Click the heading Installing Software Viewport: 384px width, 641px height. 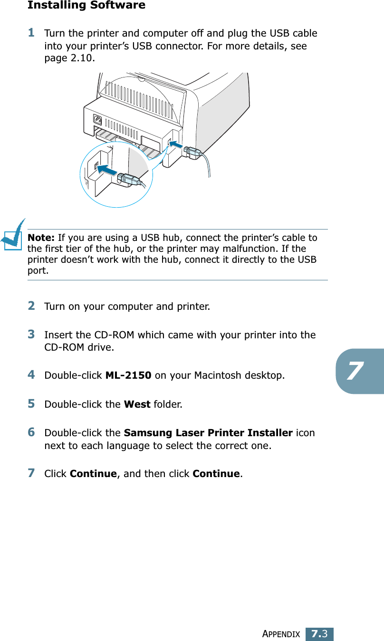86,6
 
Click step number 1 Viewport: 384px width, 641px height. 31,33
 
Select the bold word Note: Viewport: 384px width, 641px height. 41,238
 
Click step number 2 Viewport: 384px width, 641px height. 31,306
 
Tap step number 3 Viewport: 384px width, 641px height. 31,334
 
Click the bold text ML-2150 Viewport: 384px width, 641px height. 128,375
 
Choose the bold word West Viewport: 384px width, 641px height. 137,404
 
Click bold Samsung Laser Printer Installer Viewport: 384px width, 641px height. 208,433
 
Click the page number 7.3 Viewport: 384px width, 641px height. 319,633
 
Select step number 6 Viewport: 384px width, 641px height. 31,432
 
